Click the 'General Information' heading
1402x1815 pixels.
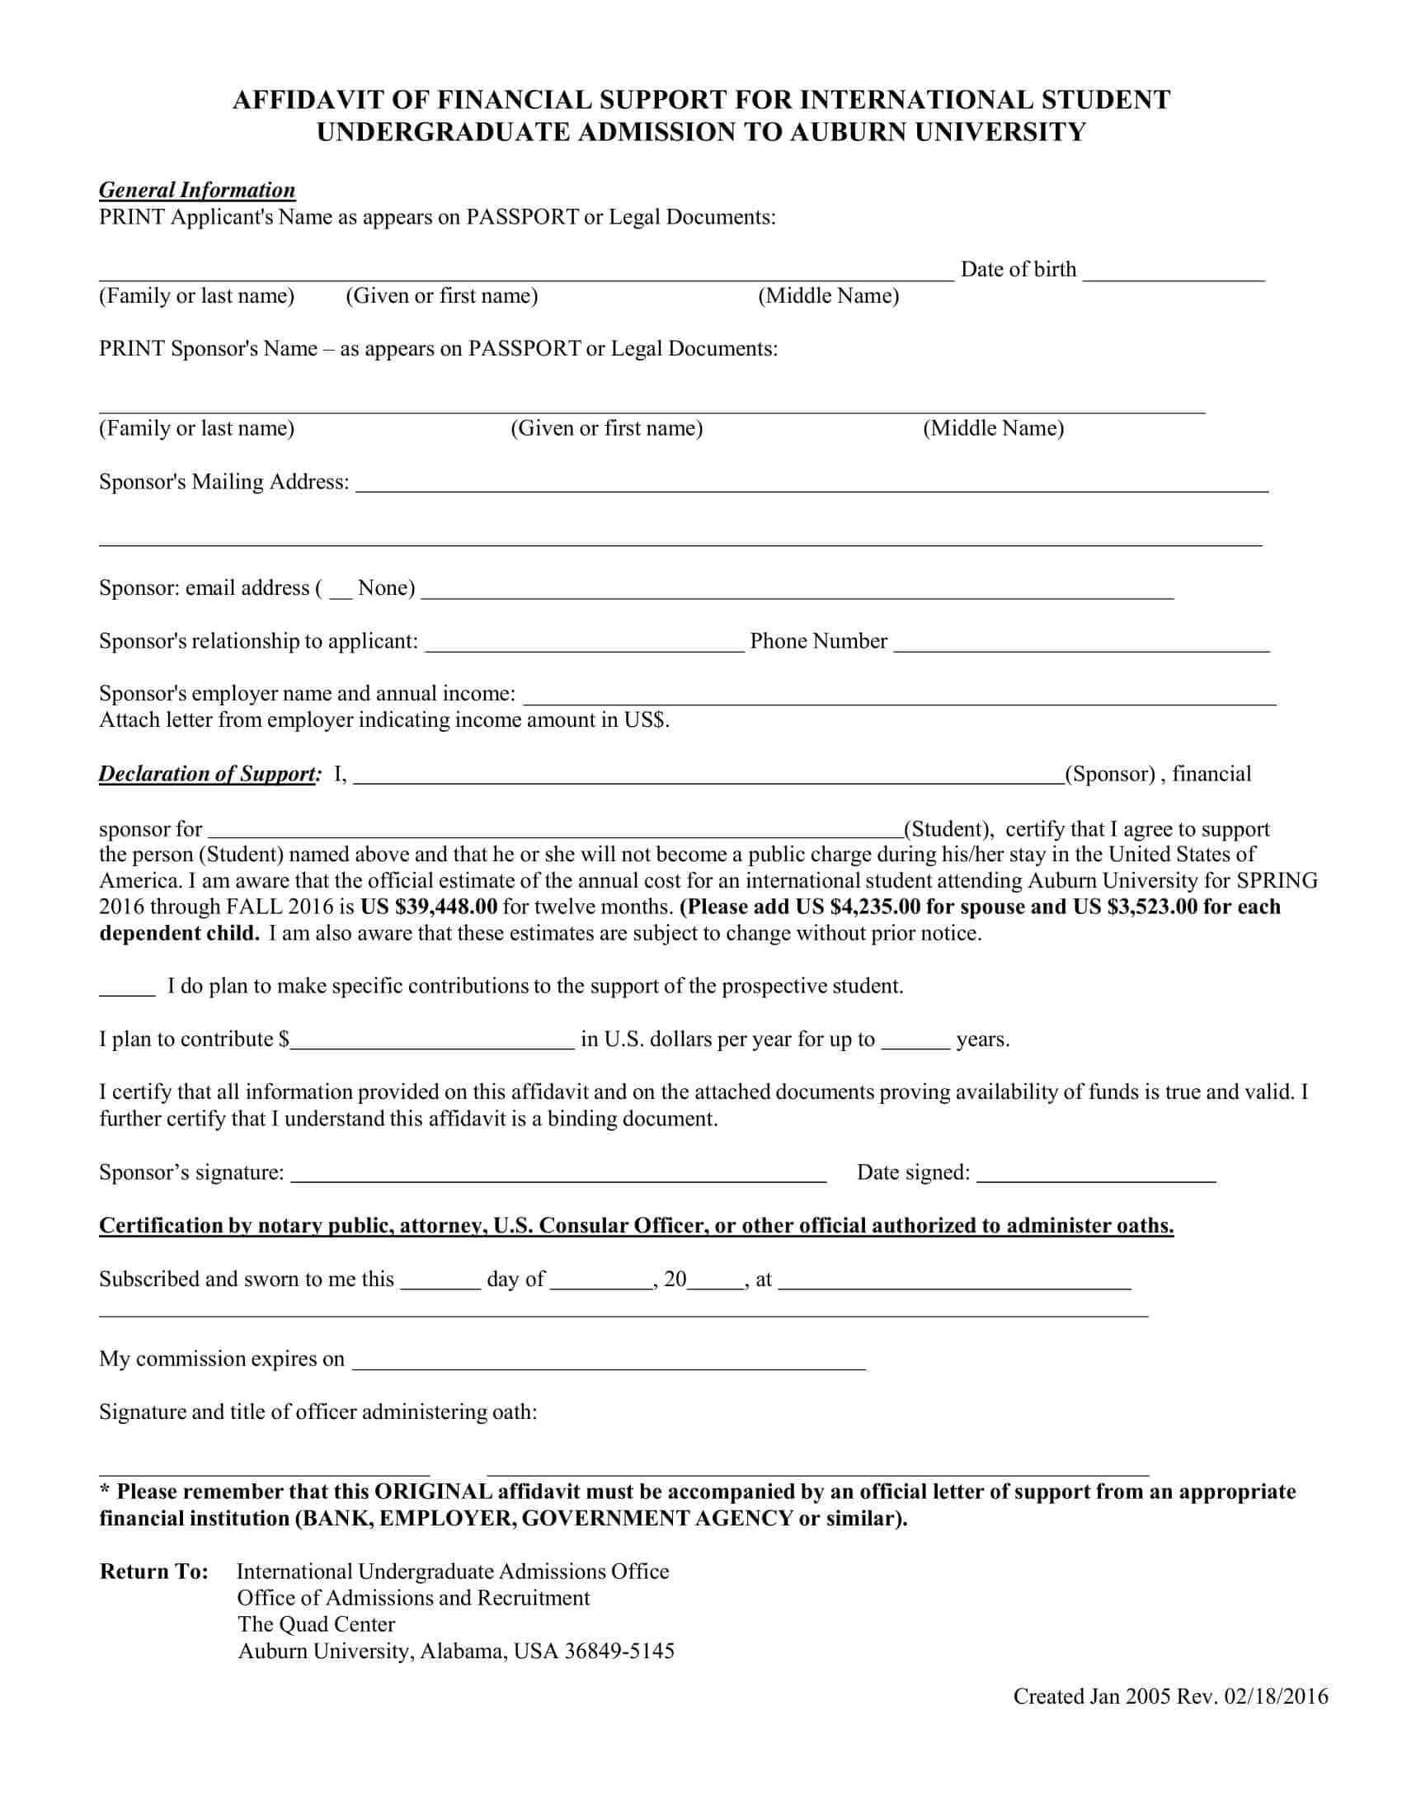click(x=197, y=191)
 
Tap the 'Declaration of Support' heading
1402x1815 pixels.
click(x=209, y=774)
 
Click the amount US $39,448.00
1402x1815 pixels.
click(x=429, y=907)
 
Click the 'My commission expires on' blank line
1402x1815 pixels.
click(x=608, y=1364)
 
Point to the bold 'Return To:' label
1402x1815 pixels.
click(x=153, y=1572)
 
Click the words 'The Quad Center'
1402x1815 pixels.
click(x=316, y=1624)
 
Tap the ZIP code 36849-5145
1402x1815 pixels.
click(x=619, y=1652)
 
